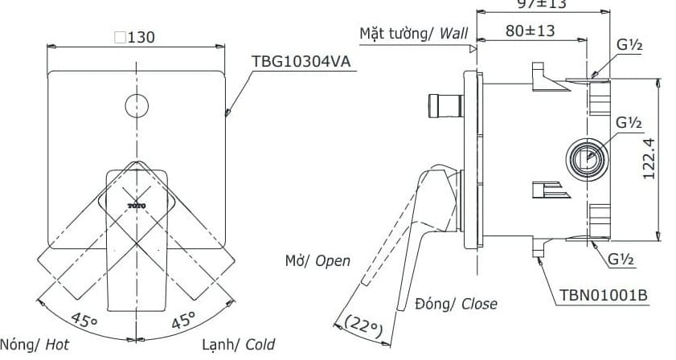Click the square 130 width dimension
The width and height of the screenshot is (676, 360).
(x=134, y=37)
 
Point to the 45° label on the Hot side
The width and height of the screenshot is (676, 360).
(x=83, y=320)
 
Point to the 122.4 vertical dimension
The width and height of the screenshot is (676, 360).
(x=651, y=156)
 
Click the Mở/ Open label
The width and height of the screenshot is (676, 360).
(x=317, y=260)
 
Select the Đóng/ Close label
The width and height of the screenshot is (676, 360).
(x=456, y=304)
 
